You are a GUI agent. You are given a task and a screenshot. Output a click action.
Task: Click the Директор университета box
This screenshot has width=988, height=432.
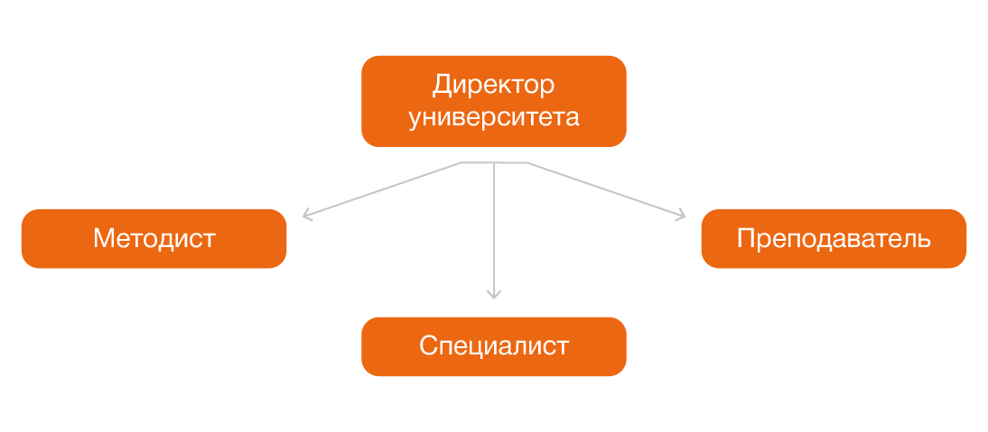tap(493, 101)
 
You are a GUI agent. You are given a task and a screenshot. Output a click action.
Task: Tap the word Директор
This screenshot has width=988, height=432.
tap(493, 86)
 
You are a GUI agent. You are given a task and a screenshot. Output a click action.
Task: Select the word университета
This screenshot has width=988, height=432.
tap(493, 117)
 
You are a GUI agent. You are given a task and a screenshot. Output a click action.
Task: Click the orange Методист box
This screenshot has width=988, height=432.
tap(154, 239)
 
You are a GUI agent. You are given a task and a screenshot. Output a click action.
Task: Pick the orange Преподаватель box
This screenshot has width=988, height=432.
tap(834, 239)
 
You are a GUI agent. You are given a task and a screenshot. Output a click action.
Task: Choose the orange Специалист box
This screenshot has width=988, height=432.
tap(493, 346)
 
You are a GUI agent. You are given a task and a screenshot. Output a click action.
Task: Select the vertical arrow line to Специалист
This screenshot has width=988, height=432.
tap(493, 225)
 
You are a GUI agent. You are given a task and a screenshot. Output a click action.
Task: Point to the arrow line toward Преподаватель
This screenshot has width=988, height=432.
tap(605, 189)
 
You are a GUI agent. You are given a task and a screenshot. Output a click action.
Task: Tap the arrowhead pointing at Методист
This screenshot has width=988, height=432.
tap(307, 216)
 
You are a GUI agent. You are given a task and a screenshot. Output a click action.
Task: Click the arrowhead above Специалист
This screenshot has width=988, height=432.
tap(493, 293)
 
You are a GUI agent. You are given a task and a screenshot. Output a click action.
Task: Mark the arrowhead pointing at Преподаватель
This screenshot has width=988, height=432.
tap(680, 216)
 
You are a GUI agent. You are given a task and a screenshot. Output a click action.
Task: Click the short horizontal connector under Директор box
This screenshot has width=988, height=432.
tap(494, 163)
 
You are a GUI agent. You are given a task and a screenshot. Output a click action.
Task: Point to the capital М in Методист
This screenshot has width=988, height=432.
tap(102, 239)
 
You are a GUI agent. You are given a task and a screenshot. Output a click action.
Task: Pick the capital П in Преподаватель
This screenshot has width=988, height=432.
tap(745, 239)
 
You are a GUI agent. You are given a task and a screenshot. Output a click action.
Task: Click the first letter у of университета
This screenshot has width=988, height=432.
tap(415, 118)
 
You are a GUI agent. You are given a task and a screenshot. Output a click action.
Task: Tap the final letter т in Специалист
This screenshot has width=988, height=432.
tap(563, 347)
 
